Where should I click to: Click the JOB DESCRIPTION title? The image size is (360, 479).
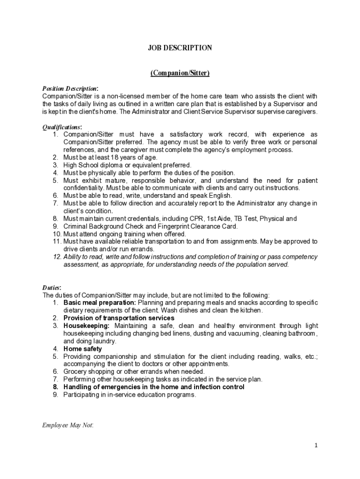(x=180, y=48)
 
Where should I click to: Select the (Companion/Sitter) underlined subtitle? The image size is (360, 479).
(x=180, y=73)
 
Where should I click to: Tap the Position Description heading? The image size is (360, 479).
(x=69, y=89)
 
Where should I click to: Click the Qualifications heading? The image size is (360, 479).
(x=62, y=127)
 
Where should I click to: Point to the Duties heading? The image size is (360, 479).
(x=51, y=288)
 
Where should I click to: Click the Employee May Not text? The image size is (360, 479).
(x=68, y=425)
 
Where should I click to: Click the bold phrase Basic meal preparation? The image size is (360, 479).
(x=100, y=303)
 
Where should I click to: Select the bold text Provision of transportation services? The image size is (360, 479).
(x=119, y=318)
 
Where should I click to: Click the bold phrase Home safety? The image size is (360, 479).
(x=82, y=348)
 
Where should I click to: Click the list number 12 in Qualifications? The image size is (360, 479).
(x=57, y=257)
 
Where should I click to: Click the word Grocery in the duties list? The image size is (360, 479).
(x=74, y=371)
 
